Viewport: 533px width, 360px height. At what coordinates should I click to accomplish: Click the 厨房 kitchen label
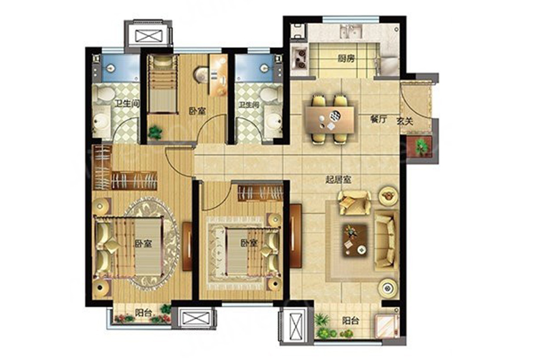346,58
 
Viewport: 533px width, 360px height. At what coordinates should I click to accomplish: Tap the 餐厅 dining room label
378,119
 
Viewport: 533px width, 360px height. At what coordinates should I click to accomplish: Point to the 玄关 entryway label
405,120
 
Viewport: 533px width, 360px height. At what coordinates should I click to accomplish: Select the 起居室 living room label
338,179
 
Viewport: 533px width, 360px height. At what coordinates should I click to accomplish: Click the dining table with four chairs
330,119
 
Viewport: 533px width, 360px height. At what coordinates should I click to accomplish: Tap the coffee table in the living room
355,240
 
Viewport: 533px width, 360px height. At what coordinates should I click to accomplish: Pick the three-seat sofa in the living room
386,239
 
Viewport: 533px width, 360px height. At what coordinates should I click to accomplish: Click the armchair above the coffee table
354,202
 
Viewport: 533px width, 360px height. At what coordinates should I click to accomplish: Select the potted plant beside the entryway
422,147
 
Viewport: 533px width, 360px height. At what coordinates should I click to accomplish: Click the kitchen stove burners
300,58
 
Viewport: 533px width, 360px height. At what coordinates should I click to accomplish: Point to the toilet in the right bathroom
270,93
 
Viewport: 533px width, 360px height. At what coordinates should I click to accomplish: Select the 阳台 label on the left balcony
143,312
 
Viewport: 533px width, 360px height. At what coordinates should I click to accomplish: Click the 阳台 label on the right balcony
350,321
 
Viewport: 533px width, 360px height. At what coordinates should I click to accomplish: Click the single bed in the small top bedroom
163,84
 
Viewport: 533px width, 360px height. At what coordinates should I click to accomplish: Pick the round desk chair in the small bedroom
200,75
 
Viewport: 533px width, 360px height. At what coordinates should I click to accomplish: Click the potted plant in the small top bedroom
155,132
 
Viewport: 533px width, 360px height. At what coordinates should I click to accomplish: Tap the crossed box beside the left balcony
194,318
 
